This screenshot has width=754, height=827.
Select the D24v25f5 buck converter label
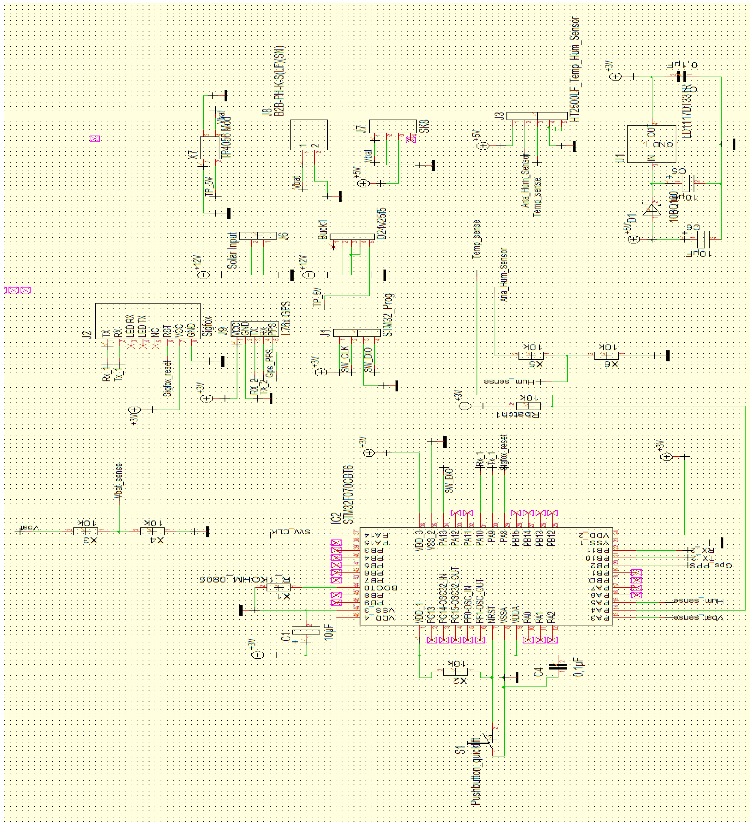coord(382,224)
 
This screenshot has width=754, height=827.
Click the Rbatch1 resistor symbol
coord(528,406)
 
